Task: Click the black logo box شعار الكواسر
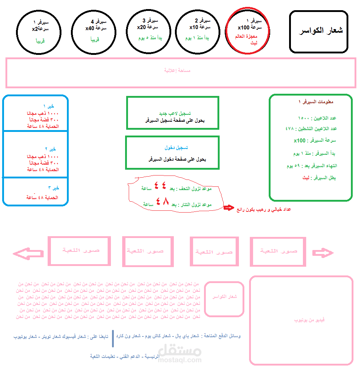pyautogui.click(x=319, y=31)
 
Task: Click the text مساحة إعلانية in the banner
pyautogui.click(x=177, y=70)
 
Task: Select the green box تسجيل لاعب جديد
pyautogui.click(x=173, y=113)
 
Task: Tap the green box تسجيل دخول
pyautogui.click(x=172, y=153)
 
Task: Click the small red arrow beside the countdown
pyautogui.click(x=229, y=207)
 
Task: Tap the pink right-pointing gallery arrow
pyautogui.click(x=323, y=253)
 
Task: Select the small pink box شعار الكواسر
pyautogui.click(x=224, y=299)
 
